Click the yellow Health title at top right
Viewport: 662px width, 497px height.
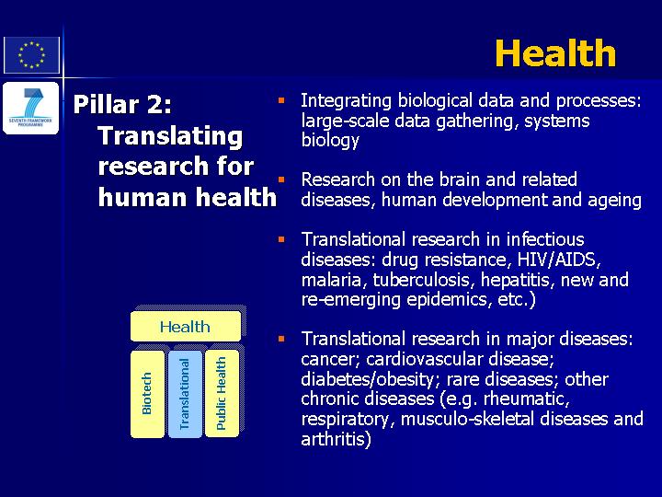coord(555,53)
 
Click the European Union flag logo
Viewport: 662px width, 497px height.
coord(31,55)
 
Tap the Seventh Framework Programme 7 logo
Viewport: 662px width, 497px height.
coord(31,109)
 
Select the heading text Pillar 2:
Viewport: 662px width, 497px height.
coord(122,104)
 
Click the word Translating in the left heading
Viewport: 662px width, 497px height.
coord(170,136)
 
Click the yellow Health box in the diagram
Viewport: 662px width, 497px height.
coord(186,326)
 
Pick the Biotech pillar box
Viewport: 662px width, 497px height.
coord(147,394)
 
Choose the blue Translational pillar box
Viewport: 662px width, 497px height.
coord(185,394)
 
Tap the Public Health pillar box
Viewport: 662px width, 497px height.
coord(222,394)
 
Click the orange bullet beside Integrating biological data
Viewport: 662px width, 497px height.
coord(281,100)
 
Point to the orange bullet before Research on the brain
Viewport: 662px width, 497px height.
coord(281,179)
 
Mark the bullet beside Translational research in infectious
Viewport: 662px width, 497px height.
coord(281,239)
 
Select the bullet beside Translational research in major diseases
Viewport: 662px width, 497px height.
coord(281,339)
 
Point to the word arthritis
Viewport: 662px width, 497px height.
coord(336,439)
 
